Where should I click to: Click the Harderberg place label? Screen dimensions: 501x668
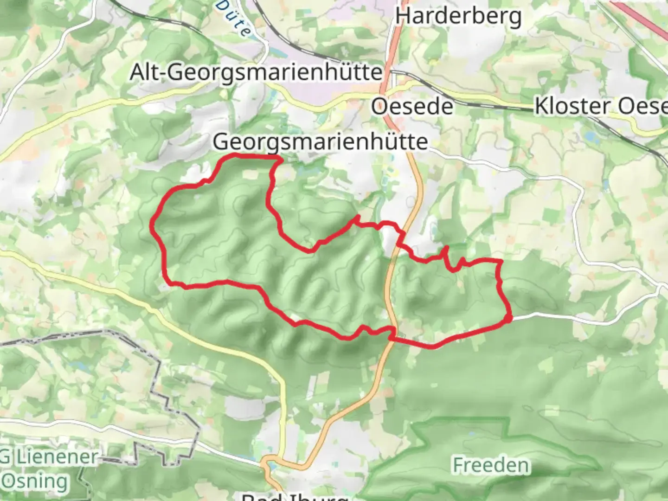pyautogui.click(x=458, y=17)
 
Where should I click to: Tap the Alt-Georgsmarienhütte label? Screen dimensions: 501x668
pyautogui.click(x=256, y=72)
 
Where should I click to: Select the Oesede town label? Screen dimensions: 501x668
pyautogui.click(x=412, y=107)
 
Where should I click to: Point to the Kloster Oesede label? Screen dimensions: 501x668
pyautogui.click(x=601, y=106)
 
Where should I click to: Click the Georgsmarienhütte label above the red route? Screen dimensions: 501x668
pyautogui.click(x=320, y=141)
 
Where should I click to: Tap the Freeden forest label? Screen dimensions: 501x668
pyautogui.click(x=491, y=465)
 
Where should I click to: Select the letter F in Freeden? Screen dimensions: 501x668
pyautogui.click(x=458, y=465)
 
